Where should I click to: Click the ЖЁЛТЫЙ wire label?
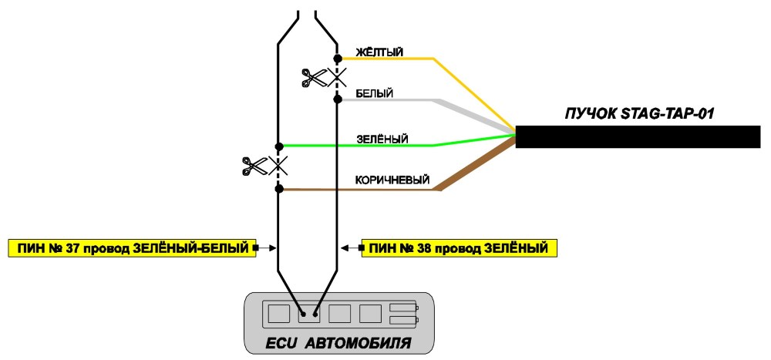(379, 52)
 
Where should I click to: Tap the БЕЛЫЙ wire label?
(374, 93)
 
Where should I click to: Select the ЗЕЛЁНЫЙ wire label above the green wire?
(382, 140)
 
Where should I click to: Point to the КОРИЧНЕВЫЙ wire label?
(392, 180)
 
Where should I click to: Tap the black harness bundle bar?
(638, 136)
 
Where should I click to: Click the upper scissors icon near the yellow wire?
(314, 78)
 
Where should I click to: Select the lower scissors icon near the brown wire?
(254, 166)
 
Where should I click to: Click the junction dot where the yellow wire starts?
(338, 59)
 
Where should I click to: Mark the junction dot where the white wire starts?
(338, 99)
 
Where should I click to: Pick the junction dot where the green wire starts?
(279, 146)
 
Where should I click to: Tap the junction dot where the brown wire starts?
(279, 189)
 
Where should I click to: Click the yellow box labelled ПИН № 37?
(132, 248)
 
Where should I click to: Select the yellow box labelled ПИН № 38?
(459, 248)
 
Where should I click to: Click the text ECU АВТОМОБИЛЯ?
(338, 342)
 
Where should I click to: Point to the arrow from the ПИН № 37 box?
(265, 249)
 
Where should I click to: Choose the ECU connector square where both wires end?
(309, 313)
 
